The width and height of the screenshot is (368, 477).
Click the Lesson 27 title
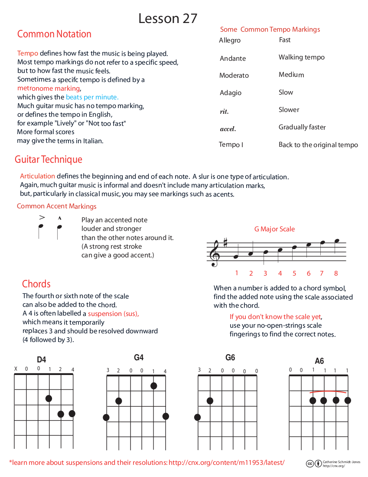168,19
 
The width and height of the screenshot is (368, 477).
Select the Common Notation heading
54,34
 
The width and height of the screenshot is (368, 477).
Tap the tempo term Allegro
230,40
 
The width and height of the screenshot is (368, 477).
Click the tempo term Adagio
230,93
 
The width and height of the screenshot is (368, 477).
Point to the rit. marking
224,112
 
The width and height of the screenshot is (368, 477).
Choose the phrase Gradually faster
302,127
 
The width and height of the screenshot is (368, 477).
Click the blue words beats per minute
92,97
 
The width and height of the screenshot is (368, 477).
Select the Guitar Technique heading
49,160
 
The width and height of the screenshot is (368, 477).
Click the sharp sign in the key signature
225,243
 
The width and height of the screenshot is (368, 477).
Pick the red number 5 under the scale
294,273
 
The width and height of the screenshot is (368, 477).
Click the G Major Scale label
274,229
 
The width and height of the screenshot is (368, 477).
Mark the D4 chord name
42,359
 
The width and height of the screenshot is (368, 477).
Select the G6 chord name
230,358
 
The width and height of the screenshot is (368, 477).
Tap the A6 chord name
319,361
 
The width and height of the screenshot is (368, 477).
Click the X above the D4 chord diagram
16,369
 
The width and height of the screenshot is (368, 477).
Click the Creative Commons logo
310,464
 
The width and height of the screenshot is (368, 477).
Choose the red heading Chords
36,284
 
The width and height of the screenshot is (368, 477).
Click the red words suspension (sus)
113,313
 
